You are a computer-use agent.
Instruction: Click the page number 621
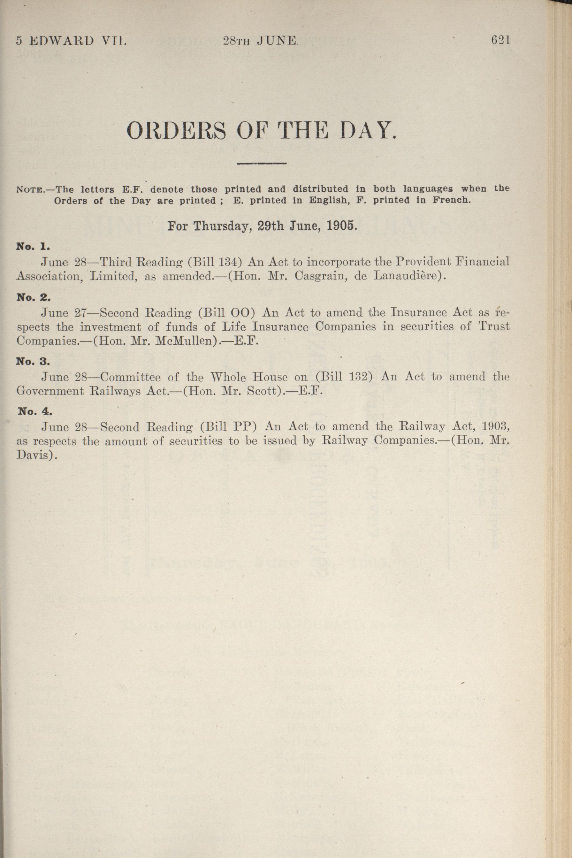click(x=500, y=40)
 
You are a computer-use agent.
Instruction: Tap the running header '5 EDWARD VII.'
click(x=72, y=41)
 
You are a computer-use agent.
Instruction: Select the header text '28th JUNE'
click(x=261, y=41)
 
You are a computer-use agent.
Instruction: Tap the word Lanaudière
click(x=405, y=276)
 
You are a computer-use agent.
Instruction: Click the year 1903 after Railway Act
click(x=495, y=426)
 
